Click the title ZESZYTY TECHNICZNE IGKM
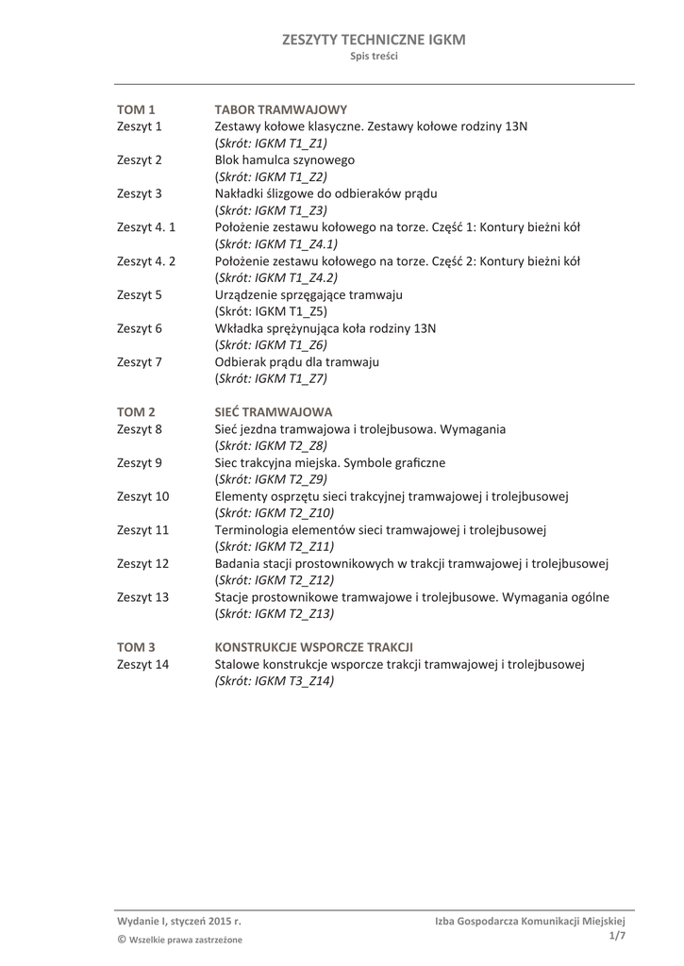tap(374, 40)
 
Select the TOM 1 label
tap(135, 109)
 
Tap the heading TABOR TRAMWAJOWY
tap(281, 109)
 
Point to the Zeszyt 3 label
tap(140, 193)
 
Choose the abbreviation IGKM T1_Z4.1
tap(276, 243)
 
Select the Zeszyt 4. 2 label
tap(146, 260)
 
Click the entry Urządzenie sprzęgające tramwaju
tap(309, 294)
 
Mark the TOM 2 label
tap(135, 412)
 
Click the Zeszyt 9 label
tap(140, 462)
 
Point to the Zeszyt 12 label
tap(142, 563)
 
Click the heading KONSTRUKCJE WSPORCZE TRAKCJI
tap(314, 647)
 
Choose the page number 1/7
tap(617, 935)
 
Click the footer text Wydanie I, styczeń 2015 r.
tap(179, 920)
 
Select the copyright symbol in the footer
tap(122, 939)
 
